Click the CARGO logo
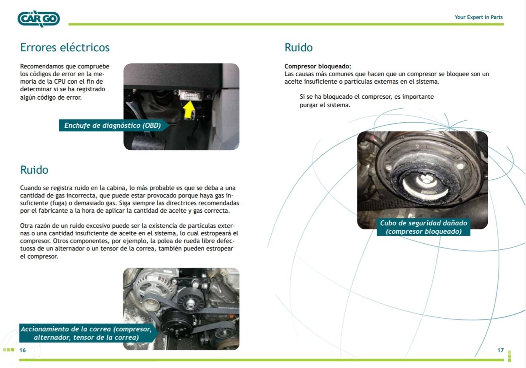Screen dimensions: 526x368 pos(39,19)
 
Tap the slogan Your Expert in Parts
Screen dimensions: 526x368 pos(479,17)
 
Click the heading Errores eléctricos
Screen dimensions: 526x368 pos(65,47)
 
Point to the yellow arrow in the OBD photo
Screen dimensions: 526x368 pos(189,110)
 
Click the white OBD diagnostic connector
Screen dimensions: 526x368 pos(190,95)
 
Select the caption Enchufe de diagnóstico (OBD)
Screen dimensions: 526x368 pos(112,125)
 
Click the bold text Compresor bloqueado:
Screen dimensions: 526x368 pos(318,66)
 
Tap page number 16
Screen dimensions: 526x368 pos(23,350)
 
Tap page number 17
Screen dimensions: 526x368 pos(501,350)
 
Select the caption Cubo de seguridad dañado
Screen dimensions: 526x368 pos(424,223)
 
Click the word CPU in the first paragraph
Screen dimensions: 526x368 pos(60,82)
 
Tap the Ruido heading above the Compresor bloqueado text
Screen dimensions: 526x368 pos(299,47)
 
